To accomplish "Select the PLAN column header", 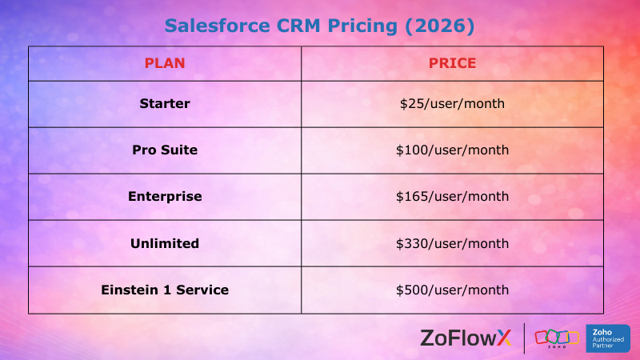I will pos(165,63).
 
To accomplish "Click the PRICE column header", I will pos(452,63).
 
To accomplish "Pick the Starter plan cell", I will pos(165,103).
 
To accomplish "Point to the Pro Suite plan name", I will pos(165,150).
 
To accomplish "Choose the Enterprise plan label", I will pos(165,196).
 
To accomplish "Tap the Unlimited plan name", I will pos(165,242).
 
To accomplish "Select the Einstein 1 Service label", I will pos(165,290).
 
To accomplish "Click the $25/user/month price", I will pos(452,103).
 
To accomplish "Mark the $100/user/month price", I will pos(452,150).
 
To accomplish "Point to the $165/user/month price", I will pos(452,196).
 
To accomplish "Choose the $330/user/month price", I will pos(452,242).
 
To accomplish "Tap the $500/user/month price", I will pos(452,290).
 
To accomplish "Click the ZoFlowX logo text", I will pos(465,338).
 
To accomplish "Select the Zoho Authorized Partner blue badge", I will pos(608,338).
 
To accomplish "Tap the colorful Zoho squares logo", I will pos(556,337).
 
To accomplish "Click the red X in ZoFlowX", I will pos(503,338).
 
